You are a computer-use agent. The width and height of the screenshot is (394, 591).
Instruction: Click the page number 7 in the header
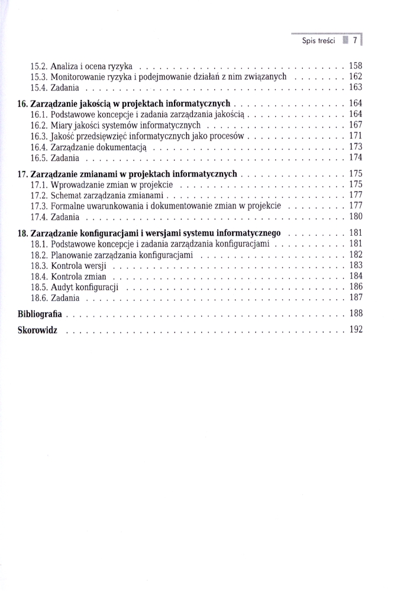pos(354,41)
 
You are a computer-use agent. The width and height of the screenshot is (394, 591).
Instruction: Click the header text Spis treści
pos(318,41)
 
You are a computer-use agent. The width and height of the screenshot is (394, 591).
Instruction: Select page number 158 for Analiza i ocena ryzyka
pos(356,66)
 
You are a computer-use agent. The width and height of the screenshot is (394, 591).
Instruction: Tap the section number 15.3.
pos(39,77)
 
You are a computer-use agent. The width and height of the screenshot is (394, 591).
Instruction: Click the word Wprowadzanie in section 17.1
pos(76,184)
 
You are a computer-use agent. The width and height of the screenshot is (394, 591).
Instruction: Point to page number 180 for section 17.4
pos(356,216)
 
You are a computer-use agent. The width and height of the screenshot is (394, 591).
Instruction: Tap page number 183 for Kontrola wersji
pos(356,265)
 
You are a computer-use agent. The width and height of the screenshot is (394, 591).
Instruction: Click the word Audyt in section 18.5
pos(63,287)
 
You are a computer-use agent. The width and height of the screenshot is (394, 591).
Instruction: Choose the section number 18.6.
pos(39,297)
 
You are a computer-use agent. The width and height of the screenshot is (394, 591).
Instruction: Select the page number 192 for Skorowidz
pos(356,329)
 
